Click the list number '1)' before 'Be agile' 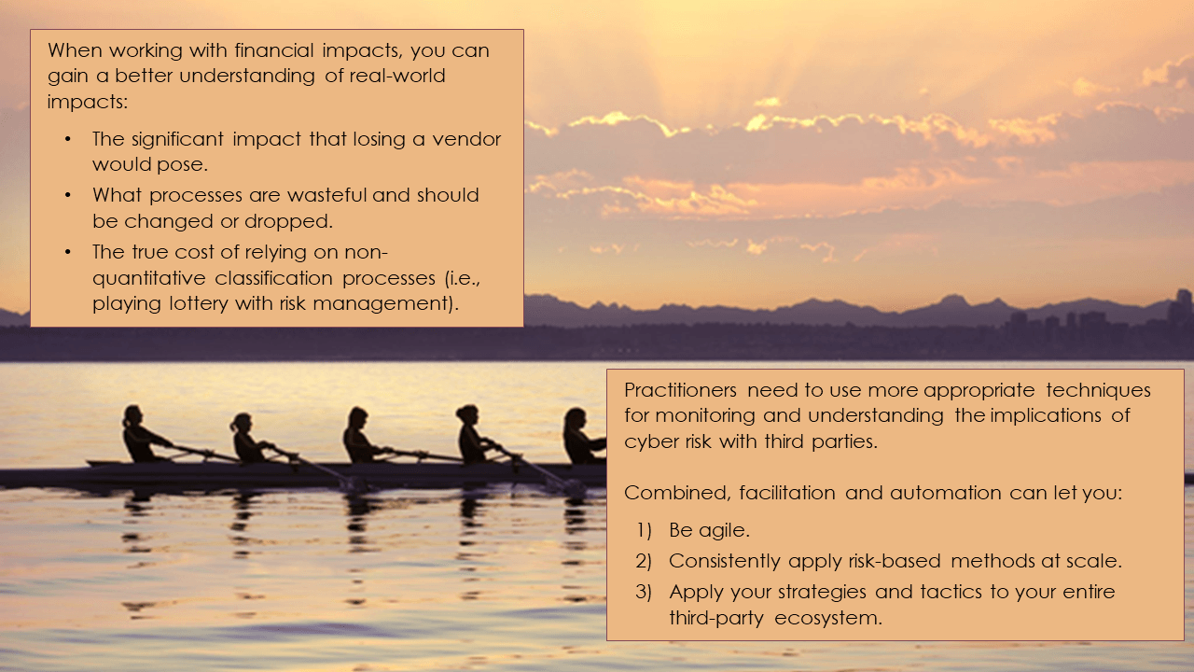pos(644,530)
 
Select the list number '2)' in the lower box pos(644,561)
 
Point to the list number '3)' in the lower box pos(644,592)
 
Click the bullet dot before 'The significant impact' pos(67,139)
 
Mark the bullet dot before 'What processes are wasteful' pos(67,195)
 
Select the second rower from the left pos(246,440)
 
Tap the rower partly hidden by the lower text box pos(579,437)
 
